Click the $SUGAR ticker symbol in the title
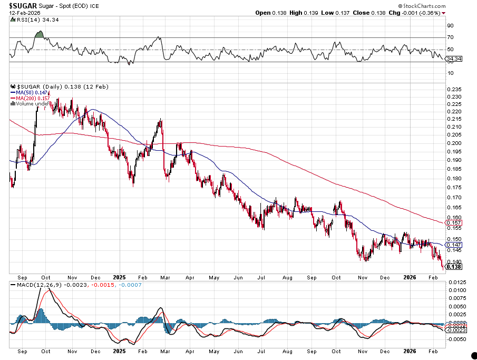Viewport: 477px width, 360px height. tap(22, 5)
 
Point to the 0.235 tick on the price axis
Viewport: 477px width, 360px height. tap(453, 90)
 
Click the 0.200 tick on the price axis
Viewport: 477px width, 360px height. tap(453, 143)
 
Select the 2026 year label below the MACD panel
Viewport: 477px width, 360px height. tap(410, 351)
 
